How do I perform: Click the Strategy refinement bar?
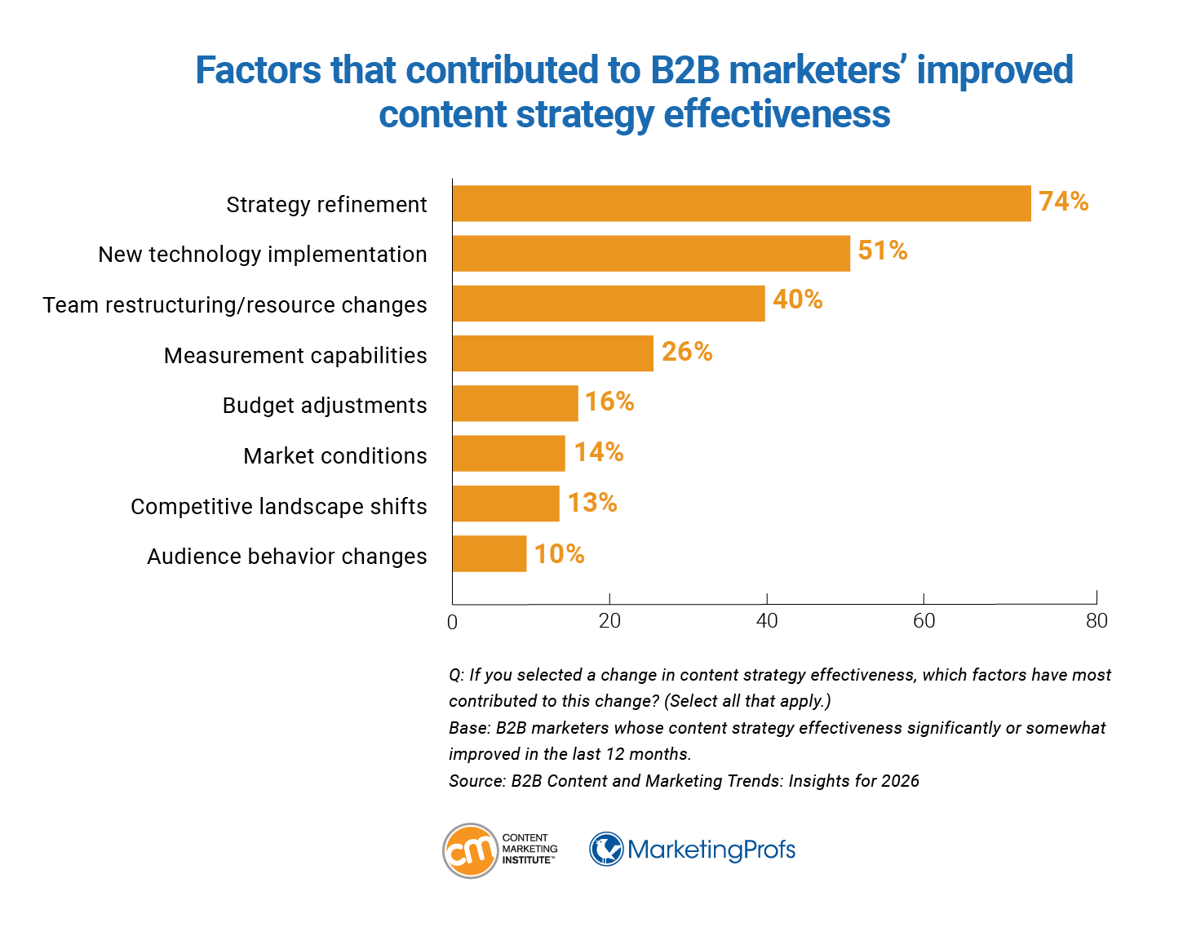click(741, 203)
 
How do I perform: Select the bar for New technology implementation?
click(651, 253)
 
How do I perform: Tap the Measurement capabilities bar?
click(552, 353)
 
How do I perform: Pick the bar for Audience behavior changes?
click(490, 554)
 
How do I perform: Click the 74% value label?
click(1063, 202)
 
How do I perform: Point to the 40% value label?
click(797, 300)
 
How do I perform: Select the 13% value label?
click(592, 503)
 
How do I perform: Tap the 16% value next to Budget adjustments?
click(609, 402)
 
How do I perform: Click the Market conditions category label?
click(335, 455)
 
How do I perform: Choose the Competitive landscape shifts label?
click(278, 506)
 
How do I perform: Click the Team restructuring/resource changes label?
click(235, 304)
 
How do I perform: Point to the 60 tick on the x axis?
click(924, 621)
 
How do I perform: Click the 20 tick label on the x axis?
click(609, 621)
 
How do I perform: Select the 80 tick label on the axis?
click(1097, 621)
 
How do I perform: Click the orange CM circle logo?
click(470, 850)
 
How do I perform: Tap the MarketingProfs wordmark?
click(711, 850)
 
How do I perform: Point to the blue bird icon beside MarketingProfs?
click(606, 850)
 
